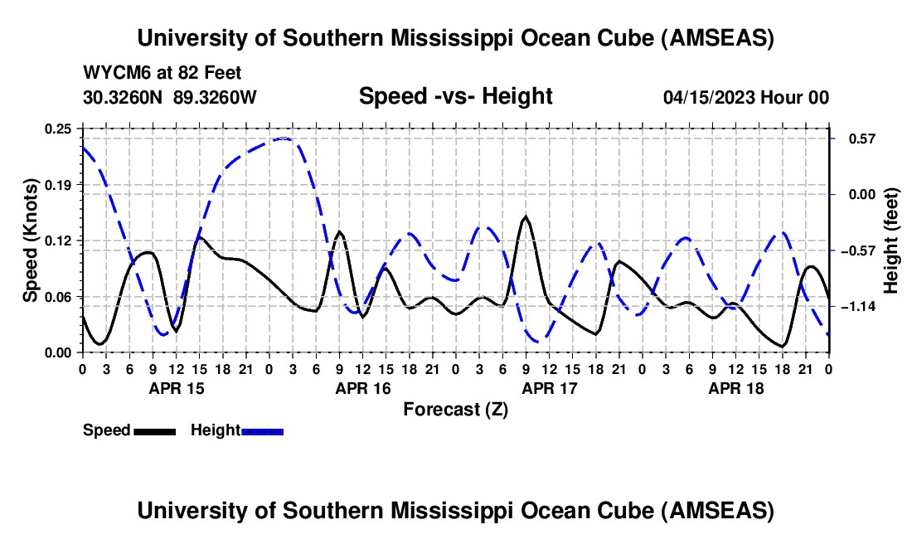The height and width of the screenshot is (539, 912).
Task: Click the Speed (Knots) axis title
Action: (x=30, y=240)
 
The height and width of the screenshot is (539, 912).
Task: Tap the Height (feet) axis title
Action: (x=891, y=240)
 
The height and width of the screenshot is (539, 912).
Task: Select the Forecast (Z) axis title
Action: (x=455, y=409)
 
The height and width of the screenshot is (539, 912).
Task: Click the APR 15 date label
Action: (x=176, y=388)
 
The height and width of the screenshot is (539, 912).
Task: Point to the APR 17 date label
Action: (x=549, y=388)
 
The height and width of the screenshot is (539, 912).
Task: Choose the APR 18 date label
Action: (x=735, y=388)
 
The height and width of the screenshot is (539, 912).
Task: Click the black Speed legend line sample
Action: (x=155, y=430)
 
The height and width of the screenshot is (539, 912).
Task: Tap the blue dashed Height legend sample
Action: (x=262, y=430)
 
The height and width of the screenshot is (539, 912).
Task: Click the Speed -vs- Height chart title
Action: (x=455, y=96)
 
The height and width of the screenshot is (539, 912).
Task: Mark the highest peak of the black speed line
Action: (x=526, y=217)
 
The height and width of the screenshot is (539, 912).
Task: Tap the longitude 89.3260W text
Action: (x=216, y=98)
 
